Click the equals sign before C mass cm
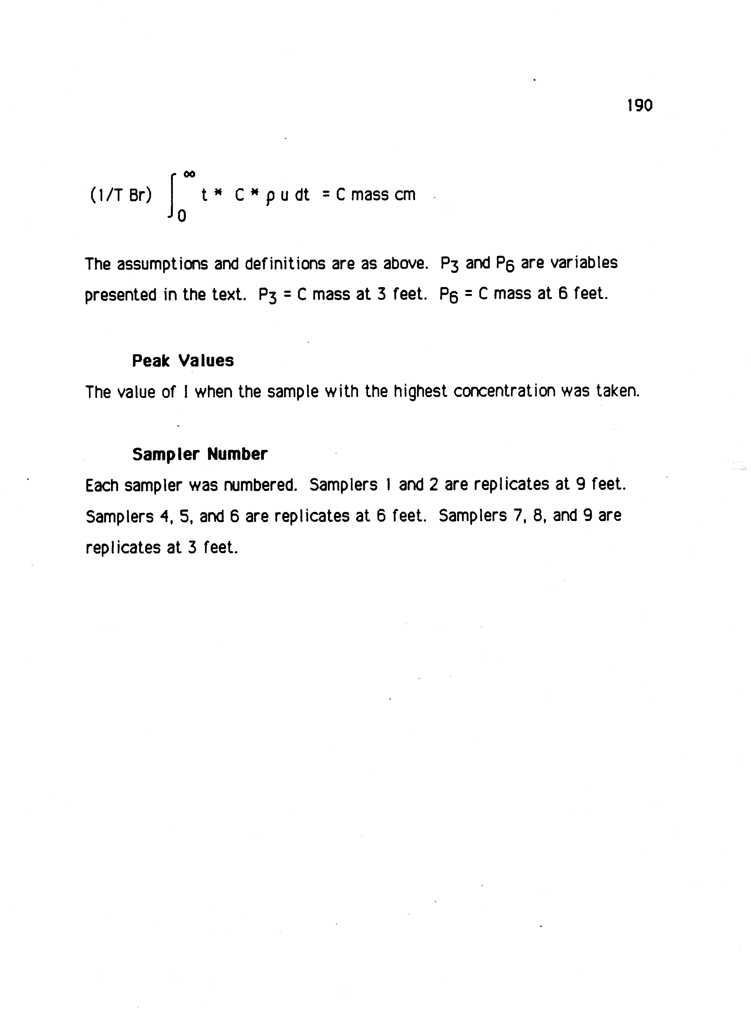(326, 195)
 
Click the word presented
(120, 295)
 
